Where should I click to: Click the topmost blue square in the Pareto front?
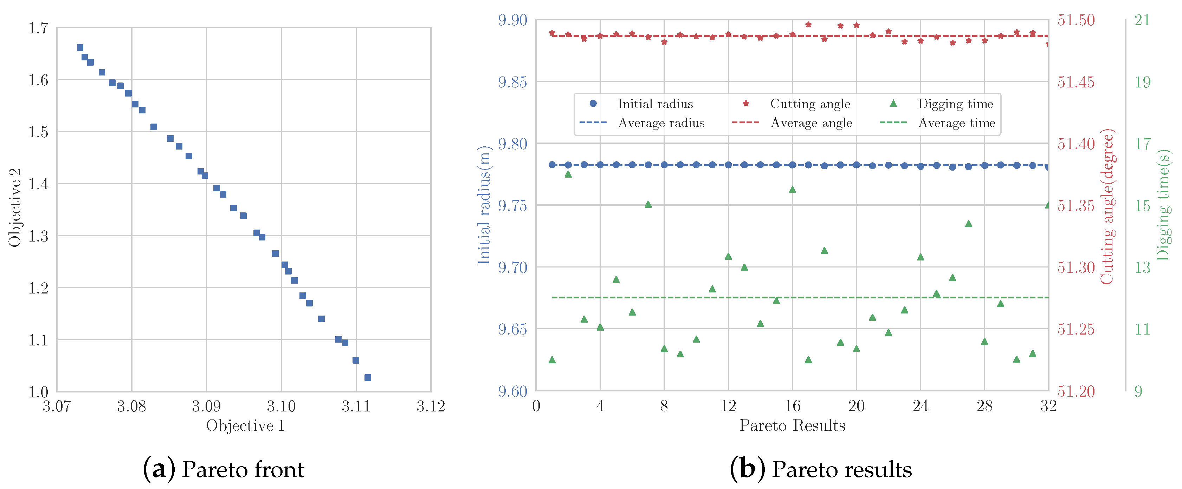point(80,48)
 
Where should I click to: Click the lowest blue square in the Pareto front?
point(368,378)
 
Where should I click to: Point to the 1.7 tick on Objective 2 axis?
point(39,28)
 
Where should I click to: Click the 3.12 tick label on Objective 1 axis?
point(431,407)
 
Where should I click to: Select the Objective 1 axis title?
point(245,426)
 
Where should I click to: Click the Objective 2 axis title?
point(15,207)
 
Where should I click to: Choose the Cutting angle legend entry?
point(809,104)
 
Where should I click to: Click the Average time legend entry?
point(956,123)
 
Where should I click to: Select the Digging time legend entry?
point(955,104)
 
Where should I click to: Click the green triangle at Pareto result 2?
point(568,174)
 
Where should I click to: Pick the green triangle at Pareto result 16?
point(793,190)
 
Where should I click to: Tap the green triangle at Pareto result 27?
point(969,224)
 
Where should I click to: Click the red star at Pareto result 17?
point(808,25)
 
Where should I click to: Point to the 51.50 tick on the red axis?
point(1076,20)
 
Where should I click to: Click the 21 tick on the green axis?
point(1143,20)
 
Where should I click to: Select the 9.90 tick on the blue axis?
point(512,20)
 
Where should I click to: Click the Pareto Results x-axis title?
point(792,426)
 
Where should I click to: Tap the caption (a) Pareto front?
point(224,469)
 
